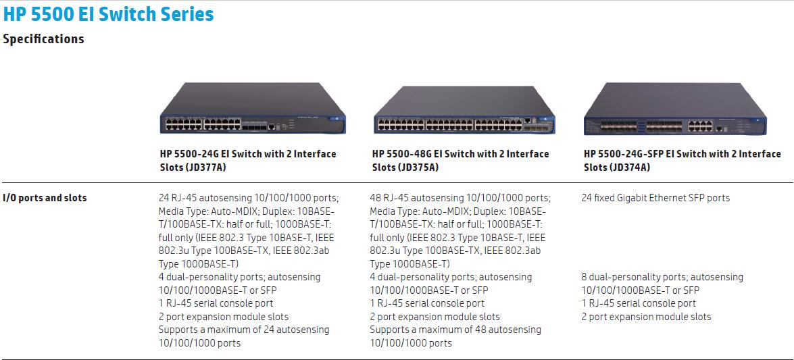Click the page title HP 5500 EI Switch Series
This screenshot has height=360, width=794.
(109, 14)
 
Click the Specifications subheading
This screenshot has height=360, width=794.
(43, 39)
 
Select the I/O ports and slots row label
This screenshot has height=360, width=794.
(45, 198)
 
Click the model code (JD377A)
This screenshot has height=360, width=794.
(207, 167)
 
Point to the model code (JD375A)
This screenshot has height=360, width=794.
(419, 167)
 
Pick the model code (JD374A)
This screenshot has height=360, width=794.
(630, 167)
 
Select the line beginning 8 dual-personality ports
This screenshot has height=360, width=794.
(662, 277)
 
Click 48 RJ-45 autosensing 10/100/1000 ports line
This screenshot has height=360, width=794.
(460, 198)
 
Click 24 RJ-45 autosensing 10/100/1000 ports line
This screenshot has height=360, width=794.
(249, 198)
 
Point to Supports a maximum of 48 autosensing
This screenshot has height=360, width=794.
(455, 330)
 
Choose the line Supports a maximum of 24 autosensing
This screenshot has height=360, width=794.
(244, 330)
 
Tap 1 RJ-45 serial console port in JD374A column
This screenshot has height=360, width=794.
(639, 303)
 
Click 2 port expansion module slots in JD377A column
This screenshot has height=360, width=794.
(224, 317)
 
